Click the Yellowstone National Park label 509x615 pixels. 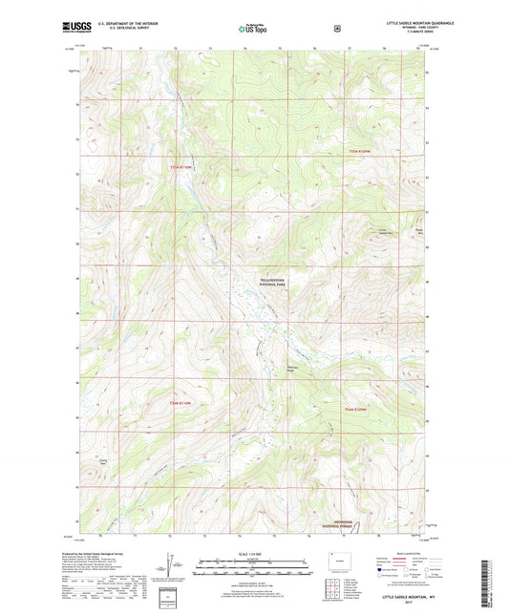(x=273, y=283)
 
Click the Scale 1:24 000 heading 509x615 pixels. (x=253, y=555)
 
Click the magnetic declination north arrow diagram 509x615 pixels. (x=172, y=573)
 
